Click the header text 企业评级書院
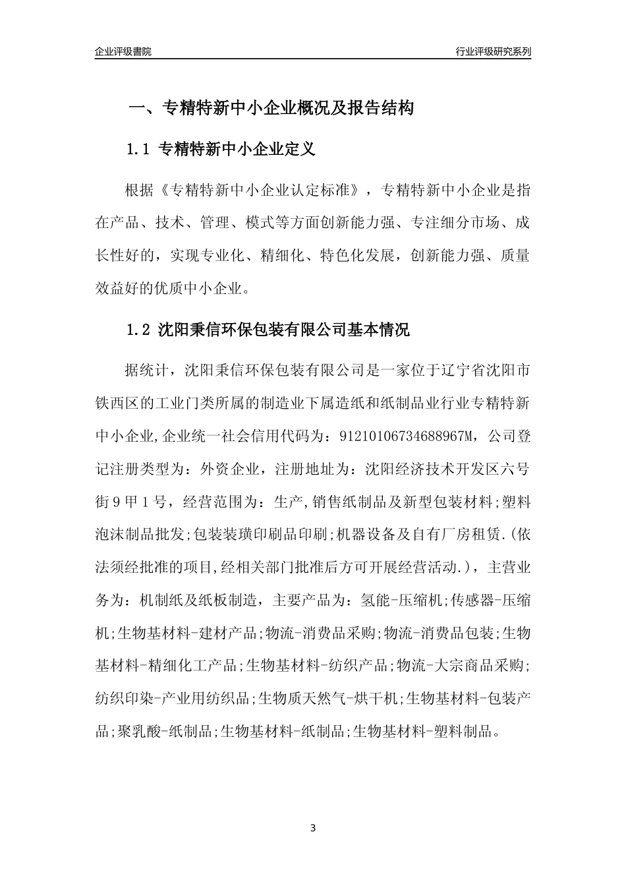pyautogui.click(x=123, y=51)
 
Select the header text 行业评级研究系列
pyautogui.click(x=493, y=51)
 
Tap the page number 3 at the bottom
pyautogui.click(x=313, y=827)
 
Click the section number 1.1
pyautogui.click(x=140, y=150)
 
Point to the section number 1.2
pyautogui.click(x=140, y=330)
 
